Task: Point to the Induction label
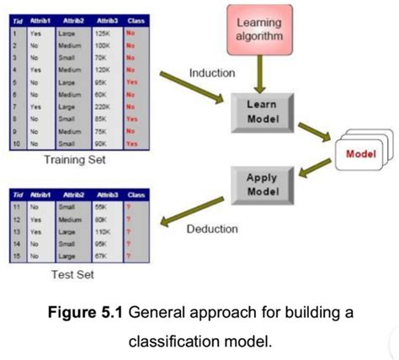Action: click(x=211, y=74)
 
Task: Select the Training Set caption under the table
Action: click(x=75, y=159)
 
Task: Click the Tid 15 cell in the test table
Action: click(x=14, y=253)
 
